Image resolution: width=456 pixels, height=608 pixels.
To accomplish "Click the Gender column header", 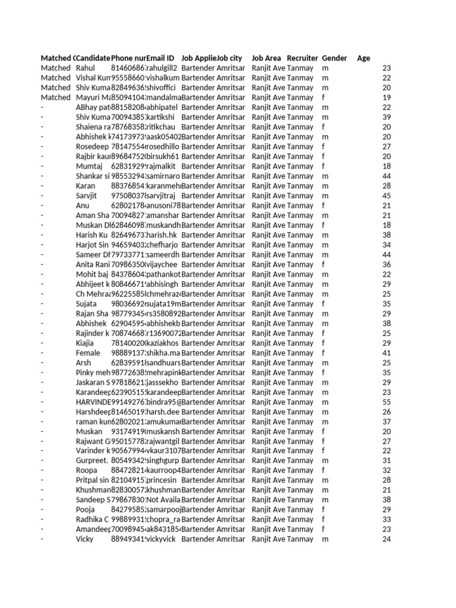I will pos(334,58).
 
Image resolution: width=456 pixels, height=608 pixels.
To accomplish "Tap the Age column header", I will pos(363,58).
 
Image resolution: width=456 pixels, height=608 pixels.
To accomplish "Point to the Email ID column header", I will pos(160,58).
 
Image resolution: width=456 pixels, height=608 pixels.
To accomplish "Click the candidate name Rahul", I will pos(85,68).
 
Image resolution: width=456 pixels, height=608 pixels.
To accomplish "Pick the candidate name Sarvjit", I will pos(87,196).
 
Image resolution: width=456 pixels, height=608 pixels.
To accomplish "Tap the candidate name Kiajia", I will pos(85,343).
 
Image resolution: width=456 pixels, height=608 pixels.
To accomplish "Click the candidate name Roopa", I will pos(86,470).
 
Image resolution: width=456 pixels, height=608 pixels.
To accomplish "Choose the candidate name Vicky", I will pos(85,539).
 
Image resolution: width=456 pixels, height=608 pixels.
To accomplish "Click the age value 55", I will pos(387,402).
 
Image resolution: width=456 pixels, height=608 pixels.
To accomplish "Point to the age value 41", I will pos(387,353).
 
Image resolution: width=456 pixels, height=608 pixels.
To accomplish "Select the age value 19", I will pos(387,97).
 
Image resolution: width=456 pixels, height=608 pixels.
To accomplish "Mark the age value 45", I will pos(387,196).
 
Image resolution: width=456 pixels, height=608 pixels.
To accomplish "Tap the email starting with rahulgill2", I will pos(162,68).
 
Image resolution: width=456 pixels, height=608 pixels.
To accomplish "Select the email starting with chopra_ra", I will pos(162,520).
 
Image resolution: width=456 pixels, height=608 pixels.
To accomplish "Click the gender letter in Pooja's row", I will pos(324,509).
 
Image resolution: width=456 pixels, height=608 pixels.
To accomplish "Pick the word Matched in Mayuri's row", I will pos(55,97).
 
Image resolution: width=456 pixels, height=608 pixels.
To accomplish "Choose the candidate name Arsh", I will pos(84,363).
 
